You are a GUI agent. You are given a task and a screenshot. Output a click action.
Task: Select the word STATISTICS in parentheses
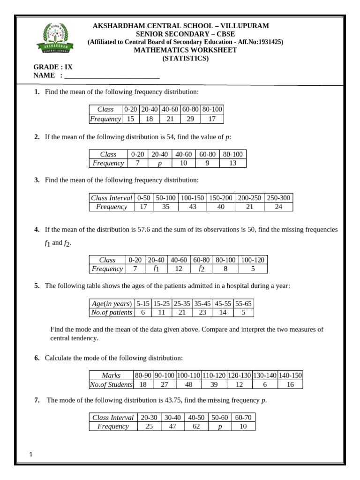coord(186,59)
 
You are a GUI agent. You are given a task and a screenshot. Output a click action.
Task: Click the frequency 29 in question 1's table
coord(190,119)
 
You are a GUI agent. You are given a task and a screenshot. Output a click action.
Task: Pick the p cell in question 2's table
coord(160,163)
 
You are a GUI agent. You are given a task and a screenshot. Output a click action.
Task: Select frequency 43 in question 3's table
coord(192,207)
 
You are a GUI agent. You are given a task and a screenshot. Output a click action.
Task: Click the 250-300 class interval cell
coord(278,198)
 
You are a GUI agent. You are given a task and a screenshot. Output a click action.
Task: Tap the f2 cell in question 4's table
coord(202,269)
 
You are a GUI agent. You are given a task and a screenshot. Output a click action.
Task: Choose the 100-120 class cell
coord(253,260)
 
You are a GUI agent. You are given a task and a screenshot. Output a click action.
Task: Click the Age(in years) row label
coord(112,304)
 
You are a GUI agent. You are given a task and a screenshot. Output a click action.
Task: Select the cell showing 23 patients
coord(202,313)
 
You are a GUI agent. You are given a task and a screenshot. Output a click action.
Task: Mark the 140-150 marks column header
coord(290,375)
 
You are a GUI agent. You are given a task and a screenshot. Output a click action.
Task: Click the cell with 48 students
coord(189,384)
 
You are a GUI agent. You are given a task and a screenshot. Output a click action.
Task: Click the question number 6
coord(37,358)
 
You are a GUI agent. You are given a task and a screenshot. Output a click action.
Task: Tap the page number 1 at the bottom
coord(30,454)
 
